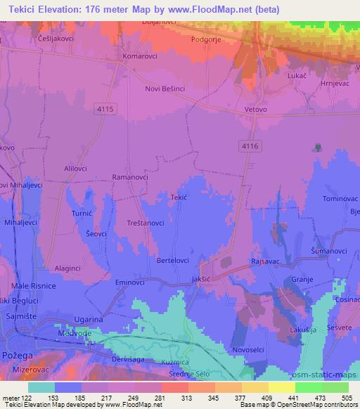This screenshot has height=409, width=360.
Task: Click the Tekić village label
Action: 179,198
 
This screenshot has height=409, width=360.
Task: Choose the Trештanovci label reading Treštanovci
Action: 145,222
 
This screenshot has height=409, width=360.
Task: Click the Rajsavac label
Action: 266,260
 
